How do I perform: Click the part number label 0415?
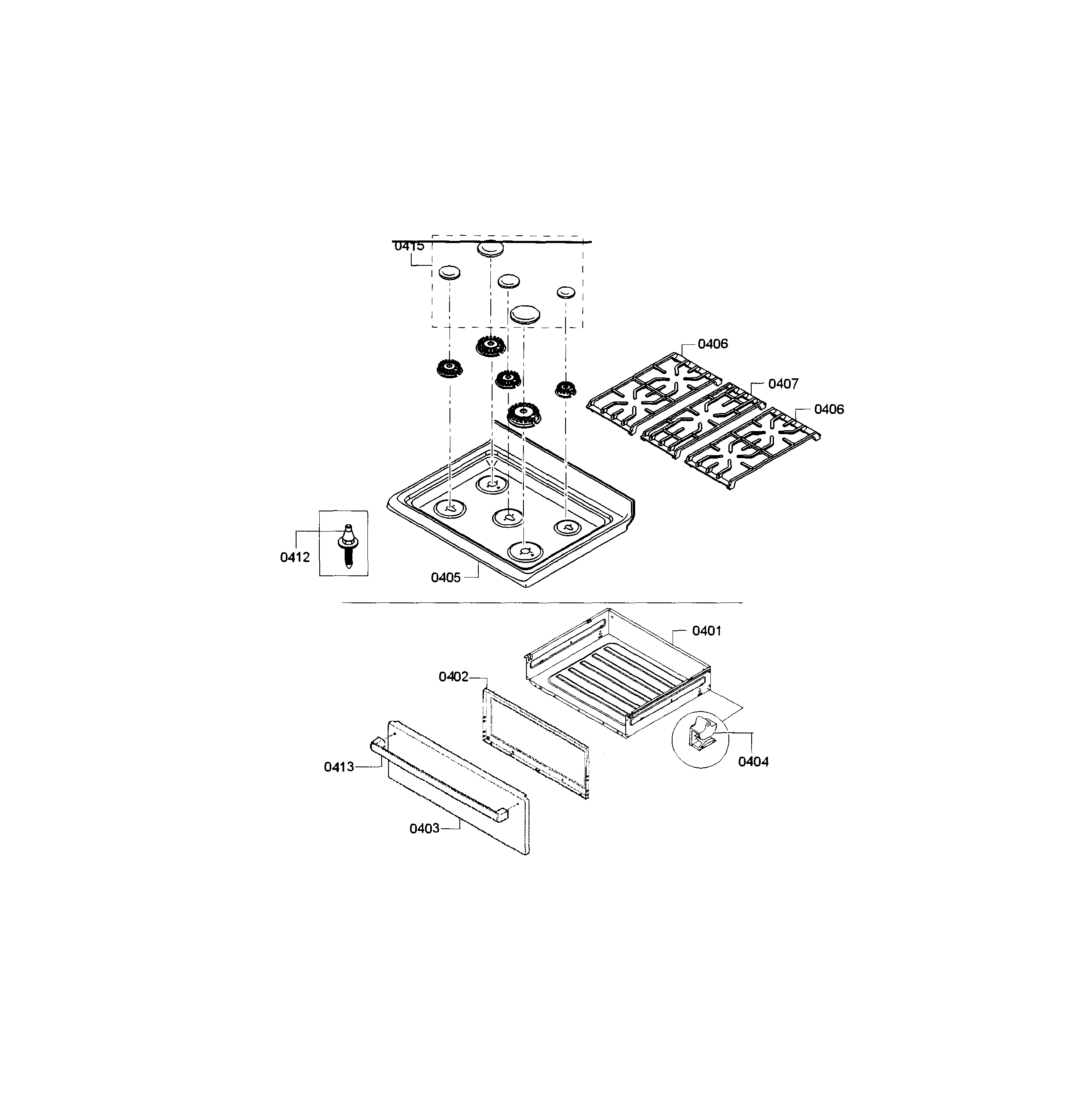pos(409,246)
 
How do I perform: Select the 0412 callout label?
pos(295,557)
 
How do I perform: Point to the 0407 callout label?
pos(783,383)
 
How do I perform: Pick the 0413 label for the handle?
pos(339,767)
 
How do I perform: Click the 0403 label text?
pos(425,828)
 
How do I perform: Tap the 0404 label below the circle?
pos(753,762)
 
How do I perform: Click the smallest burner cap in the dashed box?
pos(566,292)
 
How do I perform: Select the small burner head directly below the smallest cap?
pos(565,389)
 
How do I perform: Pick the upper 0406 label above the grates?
pos(713,344)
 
